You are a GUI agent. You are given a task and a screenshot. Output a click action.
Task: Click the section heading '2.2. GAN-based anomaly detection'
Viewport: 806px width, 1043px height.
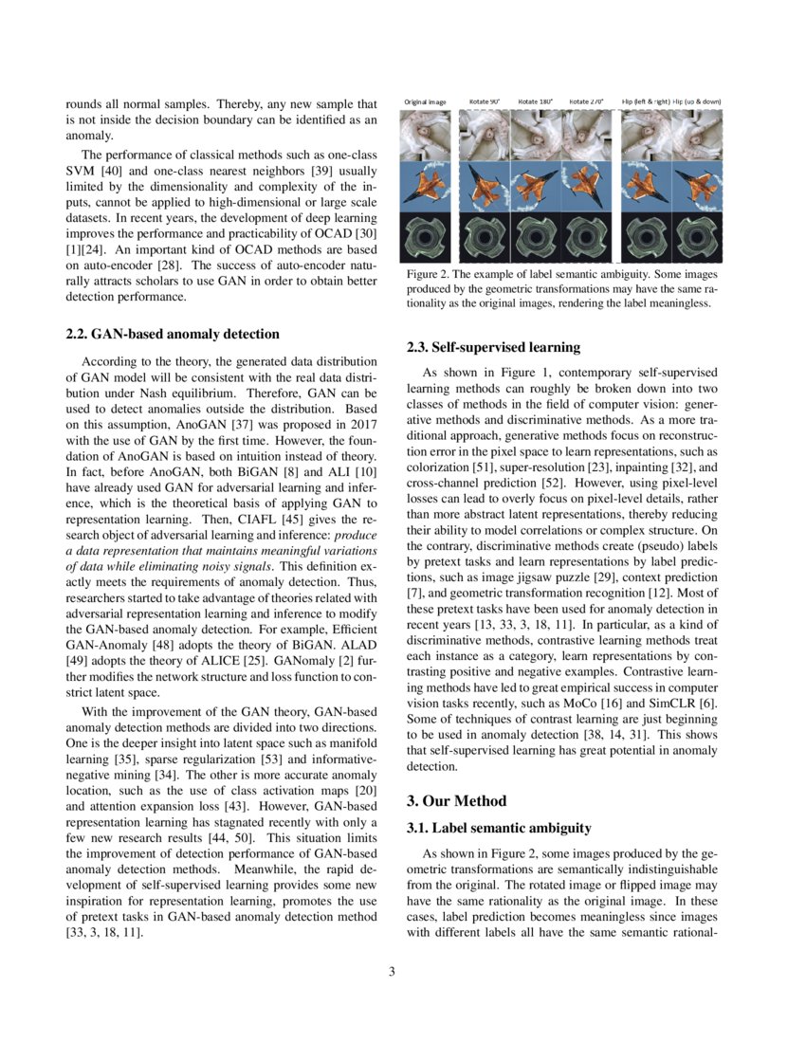(173, 334)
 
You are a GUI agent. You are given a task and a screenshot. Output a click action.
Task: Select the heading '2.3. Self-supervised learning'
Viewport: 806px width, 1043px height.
(494, 347)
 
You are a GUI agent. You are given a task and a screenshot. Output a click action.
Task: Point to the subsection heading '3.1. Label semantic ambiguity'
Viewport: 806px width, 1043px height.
(498, 829)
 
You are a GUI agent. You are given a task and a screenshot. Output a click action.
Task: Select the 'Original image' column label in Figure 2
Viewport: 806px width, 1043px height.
(425, 101)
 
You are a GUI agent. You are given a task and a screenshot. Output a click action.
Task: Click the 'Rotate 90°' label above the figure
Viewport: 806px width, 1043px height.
(485, 101)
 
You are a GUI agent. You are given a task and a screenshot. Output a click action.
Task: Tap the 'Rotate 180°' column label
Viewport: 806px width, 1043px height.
(536, 101)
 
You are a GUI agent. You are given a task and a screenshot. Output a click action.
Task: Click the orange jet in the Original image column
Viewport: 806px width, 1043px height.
(425, 187)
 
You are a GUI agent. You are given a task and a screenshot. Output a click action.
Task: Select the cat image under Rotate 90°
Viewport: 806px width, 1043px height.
(485, 135)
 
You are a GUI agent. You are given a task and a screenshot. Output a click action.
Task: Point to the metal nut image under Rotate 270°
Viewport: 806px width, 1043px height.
(587, 237)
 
